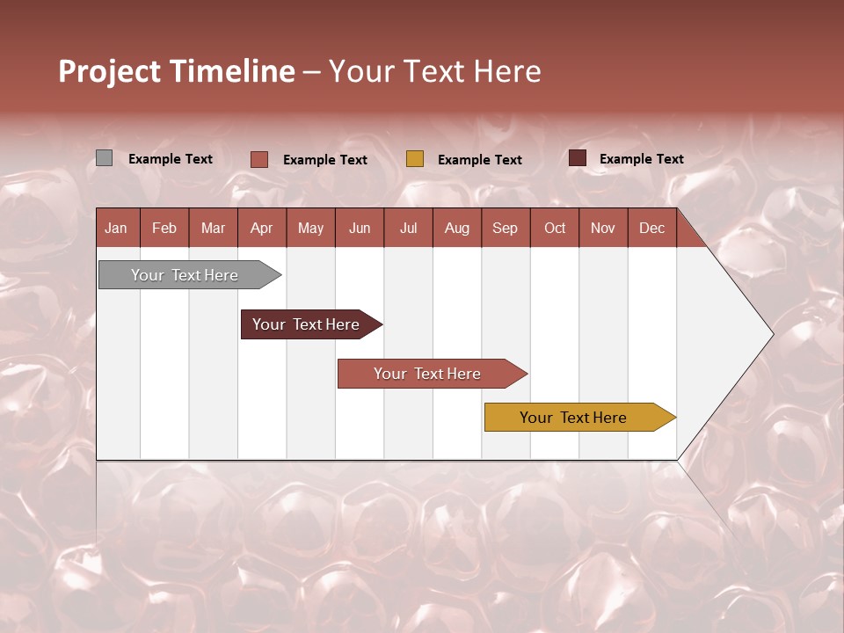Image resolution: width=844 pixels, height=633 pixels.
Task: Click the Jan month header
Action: (116, 228)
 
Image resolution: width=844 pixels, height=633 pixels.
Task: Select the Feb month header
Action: (164, 228)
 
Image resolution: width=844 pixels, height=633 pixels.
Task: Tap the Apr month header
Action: (261, 228)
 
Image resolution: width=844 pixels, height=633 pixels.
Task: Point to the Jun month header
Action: (360, 228)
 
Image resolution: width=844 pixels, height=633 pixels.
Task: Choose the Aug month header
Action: (456, 228)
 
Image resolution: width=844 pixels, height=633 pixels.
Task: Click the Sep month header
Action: (505, 228)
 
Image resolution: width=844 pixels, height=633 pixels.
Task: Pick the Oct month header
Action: (555, 228)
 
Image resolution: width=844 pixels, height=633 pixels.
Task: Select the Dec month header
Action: (651, 228)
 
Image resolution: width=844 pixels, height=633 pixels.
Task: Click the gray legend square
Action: (104, 158)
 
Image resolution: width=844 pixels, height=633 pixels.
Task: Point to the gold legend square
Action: (415, 158)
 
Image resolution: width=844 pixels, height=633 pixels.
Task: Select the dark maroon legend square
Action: (578, 158)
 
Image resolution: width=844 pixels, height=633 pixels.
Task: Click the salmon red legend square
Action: (259, 159)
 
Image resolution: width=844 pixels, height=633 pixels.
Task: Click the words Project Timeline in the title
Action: (177, 71)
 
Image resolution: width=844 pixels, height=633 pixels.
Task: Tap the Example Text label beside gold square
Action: (479, 160)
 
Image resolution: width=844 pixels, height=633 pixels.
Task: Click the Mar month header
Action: (213, 228)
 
